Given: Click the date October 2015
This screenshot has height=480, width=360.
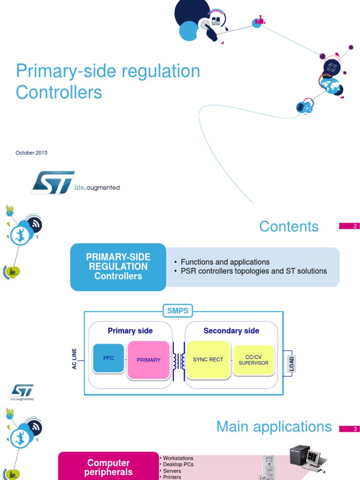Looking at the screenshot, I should [31, 153].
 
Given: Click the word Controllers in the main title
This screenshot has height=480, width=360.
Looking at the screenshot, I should [59, 92].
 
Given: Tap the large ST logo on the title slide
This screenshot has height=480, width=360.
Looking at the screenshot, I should [53, 182].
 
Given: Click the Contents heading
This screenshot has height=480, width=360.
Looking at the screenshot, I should [289, 226].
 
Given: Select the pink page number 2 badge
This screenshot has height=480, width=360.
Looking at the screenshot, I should [349, 226].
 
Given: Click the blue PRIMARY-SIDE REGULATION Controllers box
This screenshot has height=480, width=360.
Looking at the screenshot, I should [118, 267].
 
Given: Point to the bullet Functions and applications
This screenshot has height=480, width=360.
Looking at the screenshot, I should [225, 262].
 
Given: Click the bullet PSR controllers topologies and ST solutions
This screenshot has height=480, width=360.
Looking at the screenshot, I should [254, 271].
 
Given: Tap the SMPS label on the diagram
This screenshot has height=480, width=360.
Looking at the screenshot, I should [178, 310].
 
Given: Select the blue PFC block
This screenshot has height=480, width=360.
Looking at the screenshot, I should [109, 358].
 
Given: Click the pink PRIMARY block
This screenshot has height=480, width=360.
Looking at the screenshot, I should [149, 360].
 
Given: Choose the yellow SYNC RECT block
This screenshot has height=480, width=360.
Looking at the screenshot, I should [208, 360].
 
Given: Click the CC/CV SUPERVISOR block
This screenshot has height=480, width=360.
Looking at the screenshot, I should [253, 360].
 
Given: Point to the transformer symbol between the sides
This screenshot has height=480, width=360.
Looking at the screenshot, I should [178, 360].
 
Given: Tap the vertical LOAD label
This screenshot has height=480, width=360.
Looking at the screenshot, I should [292, 363].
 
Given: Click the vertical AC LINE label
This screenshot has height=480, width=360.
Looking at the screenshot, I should [74, 359].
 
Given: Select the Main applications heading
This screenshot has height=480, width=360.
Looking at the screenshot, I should [274, 427].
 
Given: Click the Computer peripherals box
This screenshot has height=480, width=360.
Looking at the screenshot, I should [108, 467].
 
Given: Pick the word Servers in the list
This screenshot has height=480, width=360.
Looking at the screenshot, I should [172, 471].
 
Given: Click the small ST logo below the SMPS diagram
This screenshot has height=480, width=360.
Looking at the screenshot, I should [22, 392].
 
